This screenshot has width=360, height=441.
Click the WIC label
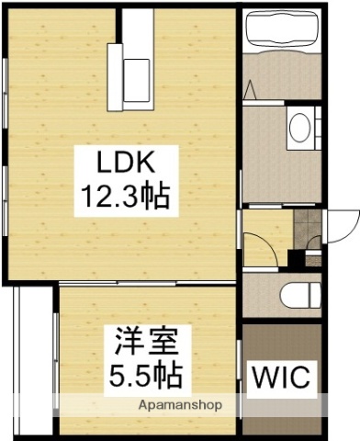point(282,377)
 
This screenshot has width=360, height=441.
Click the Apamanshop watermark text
point(183,404)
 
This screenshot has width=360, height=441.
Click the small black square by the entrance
point(296,256)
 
